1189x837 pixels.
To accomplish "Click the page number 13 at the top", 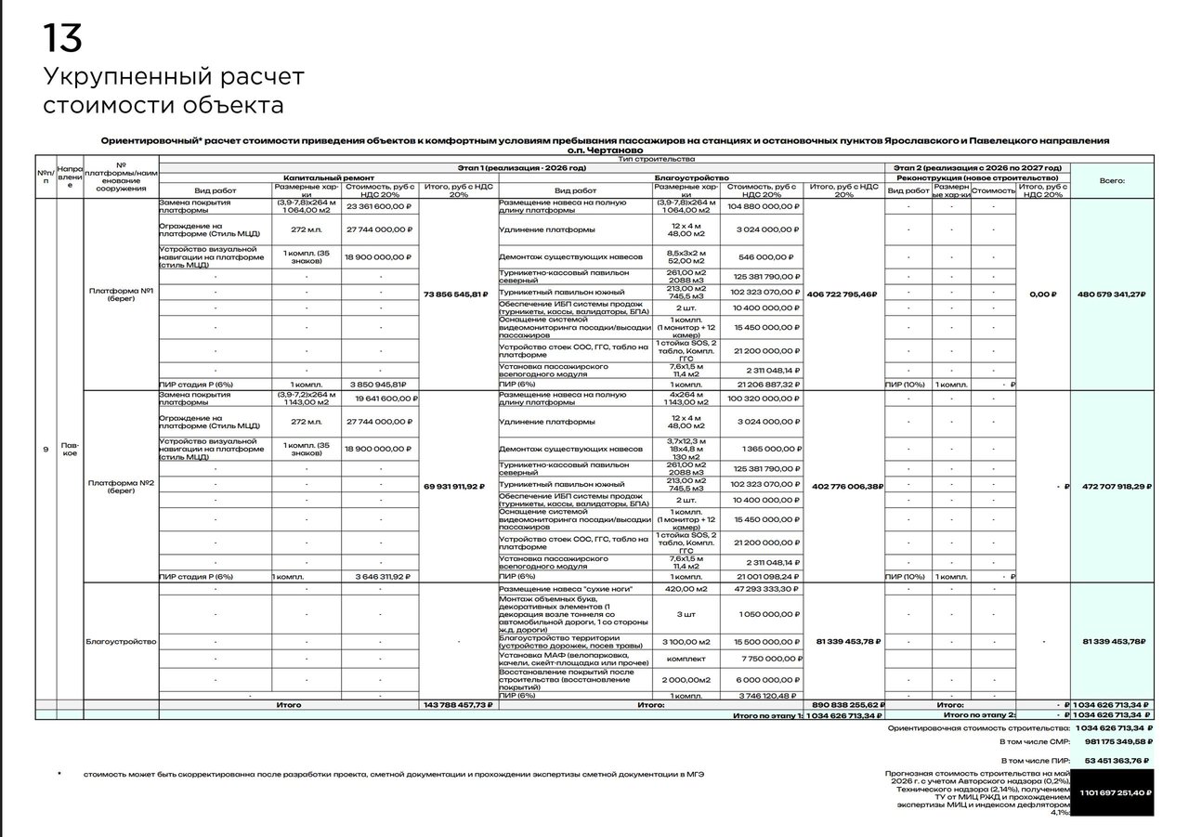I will pyautogui.click(x=62, y=39).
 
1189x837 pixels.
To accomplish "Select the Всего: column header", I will pyautogui.click(x=1111, y=181).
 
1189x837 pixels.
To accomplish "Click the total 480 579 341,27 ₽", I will pyautogui.click(x=1111, y=294).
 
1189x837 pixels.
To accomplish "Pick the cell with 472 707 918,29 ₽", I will pyautogui.click(x=1111, y=486).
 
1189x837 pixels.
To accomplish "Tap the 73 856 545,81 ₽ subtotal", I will pyautogui.click(x=455, y=294).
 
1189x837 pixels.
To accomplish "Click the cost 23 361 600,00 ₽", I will pyautogui.click(x=381, y=207).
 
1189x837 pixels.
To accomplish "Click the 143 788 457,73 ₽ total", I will pyautogui.click(x=458, y=705).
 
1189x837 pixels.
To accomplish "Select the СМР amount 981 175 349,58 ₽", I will pyautogui.click(x=1118, y=741).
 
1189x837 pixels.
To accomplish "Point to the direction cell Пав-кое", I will pyautogui.click(x=70, y=450).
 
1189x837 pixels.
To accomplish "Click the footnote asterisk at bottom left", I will pyautogui.click(x=59, y=773).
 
